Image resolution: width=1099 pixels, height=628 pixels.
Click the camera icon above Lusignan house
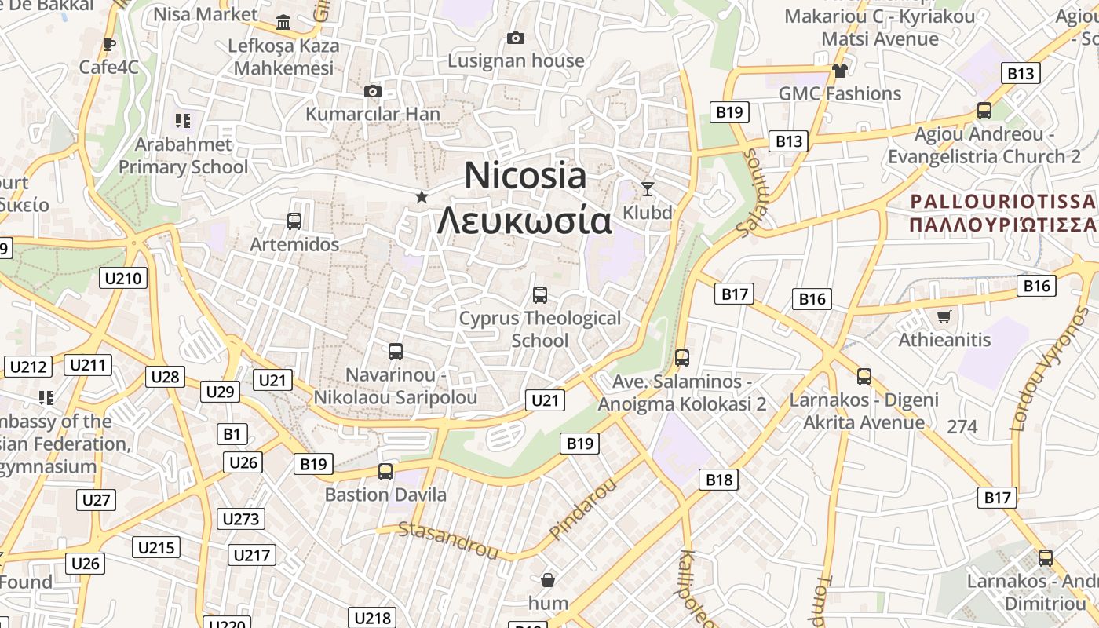(x=516, y=38)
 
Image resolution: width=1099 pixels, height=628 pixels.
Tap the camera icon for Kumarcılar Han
(x=373, y=92)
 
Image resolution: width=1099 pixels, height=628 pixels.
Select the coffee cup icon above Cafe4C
(x=108, y=44)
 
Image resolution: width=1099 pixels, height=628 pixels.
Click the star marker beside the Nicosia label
(x=422, y=196)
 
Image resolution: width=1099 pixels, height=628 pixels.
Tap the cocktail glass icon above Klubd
(x=648, y=188)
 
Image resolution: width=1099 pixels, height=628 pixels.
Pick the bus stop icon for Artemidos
(x=294, y=221)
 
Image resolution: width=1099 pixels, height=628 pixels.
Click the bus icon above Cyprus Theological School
(x=540, y=295)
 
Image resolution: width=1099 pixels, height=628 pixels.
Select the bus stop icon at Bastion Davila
(x=385, y=472)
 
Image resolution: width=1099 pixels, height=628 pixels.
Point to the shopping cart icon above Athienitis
(x=944, y=316)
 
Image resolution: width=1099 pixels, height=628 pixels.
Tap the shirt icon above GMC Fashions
(x=840, y=71)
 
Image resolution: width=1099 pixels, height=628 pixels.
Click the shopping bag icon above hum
(x=548, y=580)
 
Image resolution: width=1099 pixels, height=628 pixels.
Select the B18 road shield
(x=718, y=480)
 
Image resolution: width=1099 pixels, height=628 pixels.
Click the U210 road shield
(x=123, y=278)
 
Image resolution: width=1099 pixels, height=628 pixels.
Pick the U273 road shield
(x=240, y=519)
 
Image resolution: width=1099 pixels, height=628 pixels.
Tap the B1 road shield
(x=232, y=434)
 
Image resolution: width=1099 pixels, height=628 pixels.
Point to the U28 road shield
(x=165, y=377)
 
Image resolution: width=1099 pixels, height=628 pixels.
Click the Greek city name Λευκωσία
(x=524, y=221)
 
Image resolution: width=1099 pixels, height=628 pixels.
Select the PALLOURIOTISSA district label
(x=1002, y=202)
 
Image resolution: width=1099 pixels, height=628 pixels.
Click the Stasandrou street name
(x=448, y=540)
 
